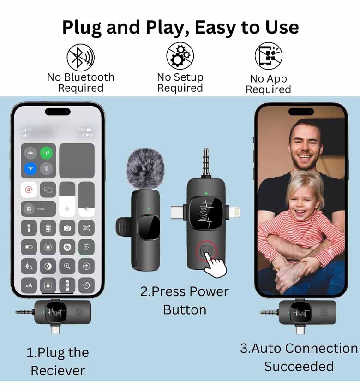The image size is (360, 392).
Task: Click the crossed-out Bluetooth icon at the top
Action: [x=81, y=57]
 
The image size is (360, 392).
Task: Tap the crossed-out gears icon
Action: [x=180, y=56]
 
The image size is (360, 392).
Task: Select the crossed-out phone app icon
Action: [x=269, y=56]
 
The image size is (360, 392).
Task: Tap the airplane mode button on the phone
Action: [x=30, y=153]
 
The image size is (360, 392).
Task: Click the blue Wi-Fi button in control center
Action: [x=30, y=168]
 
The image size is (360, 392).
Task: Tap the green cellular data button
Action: [x=46, y=153]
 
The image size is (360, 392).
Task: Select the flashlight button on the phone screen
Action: [x=29, y=228]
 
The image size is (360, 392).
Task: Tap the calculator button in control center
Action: [x=48, y=228]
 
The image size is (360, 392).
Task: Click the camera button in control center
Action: [x=67, y=228]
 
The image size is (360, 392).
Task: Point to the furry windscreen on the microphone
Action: [x=145, y=168]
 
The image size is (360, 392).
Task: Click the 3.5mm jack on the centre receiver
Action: [x=206, y=163]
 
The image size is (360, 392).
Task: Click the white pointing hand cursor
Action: [x=215, y=266]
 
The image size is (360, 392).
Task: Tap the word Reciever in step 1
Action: [x=58, y=371]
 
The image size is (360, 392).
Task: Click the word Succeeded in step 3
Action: [x=299, y=367]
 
